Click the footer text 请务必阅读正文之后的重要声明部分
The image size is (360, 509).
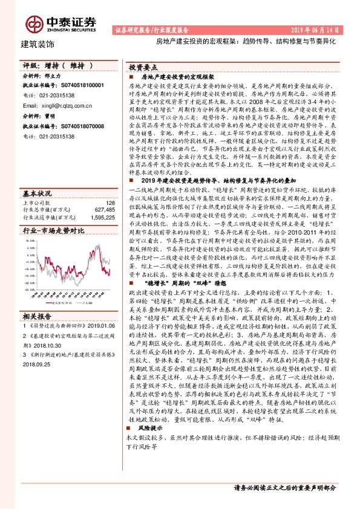tap(284, 488)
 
